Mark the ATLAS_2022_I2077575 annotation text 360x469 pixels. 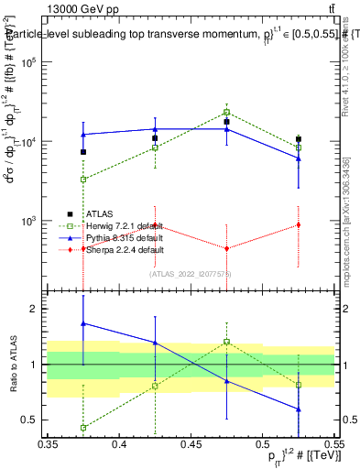(191, 272)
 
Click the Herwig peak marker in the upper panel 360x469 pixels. (226, 112)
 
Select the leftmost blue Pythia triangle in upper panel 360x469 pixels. (83, 134)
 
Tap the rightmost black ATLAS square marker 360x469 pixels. (298, 139)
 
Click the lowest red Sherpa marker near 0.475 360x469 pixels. (226, 248)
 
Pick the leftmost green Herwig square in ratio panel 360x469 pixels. (83, 428)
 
